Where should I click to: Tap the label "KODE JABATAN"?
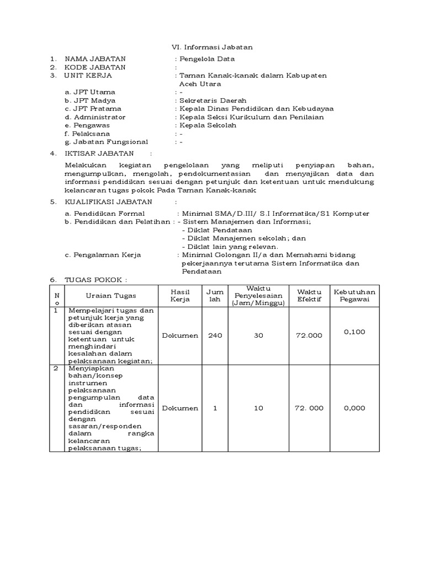(95, 67)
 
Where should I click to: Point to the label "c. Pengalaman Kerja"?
(103, 255)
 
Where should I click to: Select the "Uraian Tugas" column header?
(111, 296)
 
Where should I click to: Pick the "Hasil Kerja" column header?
(180, 296)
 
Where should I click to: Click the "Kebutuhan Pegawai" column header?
(354, 296)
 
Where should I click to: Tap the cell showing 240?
(214, 335)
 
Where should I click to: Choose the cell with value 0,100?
(354, 332)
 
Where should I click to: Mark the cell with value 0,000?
(354, 408)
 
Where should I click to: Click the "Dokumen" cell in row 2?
(180, 408)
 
